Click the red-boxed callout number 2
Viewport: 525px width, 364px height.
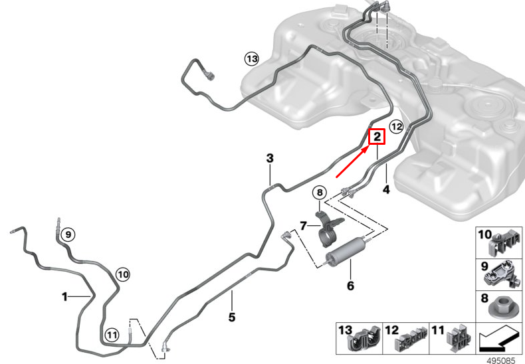point(377,137)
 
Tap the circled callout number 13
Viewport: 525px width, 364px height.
point(252,59)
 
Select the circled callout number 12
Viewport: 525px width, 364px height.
point(397,127)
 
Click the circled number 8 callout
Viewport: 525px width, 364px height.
point(320,193)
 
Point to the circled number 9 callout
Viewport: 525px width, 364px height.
point(68,234)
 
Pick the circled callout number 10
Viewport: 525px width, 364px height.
point(123,275)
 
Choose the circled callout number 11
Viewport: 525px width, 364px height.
point(112,335)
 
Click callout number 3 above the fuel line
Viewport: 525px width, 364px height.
point(270,158)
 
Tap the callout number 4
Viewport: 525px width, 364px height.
point(386,189)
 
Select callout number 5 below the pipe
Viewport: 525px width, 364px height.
point(232,317)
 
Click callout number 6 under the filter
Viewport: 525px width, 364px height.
point(350,286)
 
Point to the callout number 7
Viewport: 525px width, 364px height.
point(303,226)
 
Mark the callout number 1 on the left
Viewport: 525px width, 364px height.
point(64,296)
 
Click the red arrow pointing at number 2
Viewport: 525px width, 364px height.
point(353,162)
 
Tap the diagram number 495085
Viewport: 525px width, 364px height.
point(501,360)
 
